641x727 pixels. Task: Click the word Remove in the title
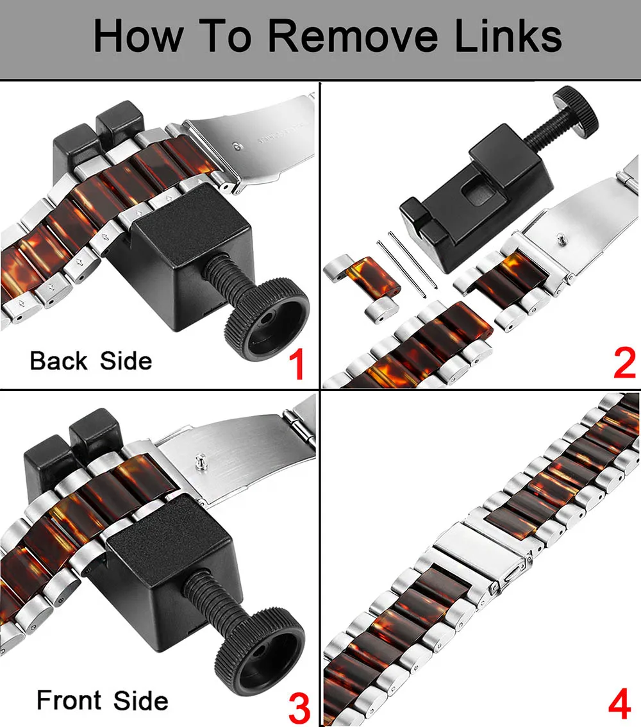point(353,36)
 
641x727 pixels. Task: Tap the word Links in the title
point(508,35)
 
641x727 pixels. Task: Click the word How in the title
point(138,36)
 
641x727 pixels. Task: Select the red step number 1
point(297,365)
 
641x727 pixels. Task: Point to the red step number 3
point(299,708)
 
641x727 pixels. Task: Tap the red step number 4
point(620,704)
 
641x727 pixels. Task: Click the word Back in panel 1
point(58,361)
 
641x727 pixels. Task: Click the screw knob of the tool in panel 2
point(575,112)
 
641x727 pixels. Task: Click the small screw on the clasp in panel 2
point(562,239)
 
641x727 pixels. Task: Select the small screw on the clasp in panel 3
point(200,462)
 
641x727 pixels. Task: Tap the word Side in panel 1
point(126,361)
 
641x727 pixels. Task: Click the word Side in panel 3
point(141,700)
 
